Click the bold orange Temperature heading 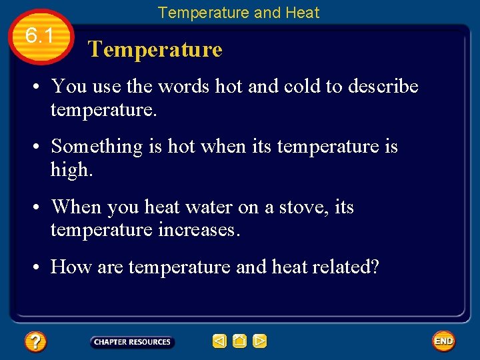point(155,49)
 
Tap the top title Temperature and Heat point(239,13)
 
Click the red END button point(443,341)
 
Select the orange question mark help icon point(35,342)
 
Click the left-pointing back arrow point(219,341)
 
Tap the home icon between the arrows point(240,341)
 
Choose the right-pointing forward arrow point(260,341)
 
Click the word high point(71,170)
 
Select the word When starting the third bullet point(75,207)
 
